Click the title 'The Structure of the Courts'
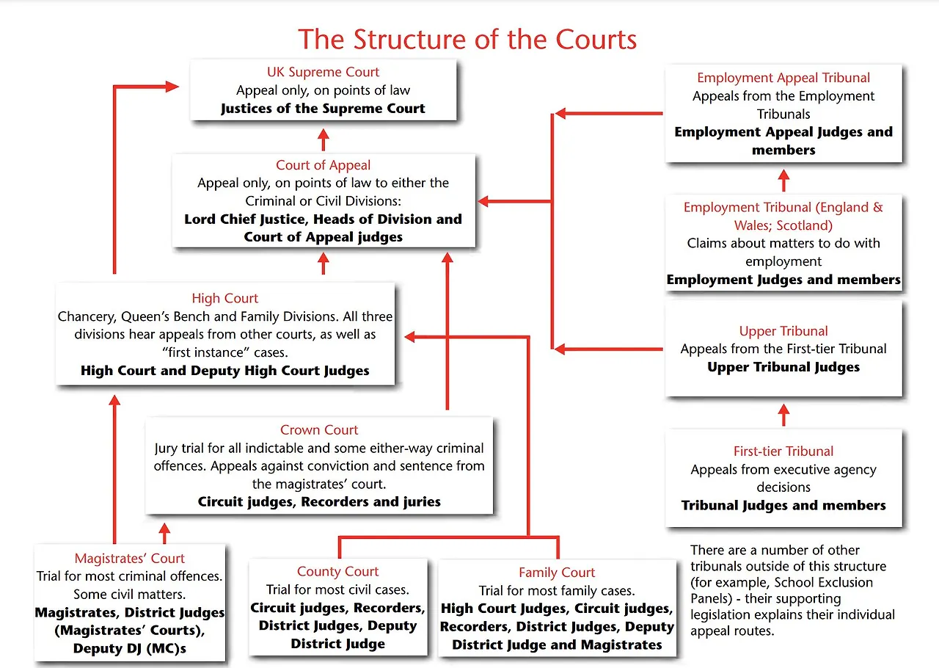click(x=467, y=38)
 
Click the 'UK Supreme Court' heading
click(x=323, y=72)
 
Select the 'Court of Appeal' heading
click(x=323, y=165)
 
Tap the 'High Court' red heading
click(x=225, y=298)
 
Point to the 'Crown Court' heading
click(x=319, y=430)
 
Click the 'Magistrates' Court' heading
click(x=130, y=559)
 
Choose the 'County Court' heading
click(x=337, y=572)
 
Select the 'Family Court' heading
click(x=557, y=573)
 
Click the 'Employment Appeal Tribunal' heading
click(x=783, y=78)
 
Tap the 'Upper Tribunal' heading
click(x=783, y=331)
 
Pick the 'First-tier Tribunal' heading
click(x=783, y=451)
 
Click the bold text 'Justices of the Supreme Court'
click(x=323, y=109)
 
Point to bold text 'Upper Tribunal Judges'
click(x=783, y=367)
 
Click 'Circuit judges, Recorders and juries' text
click(x=319, y=502)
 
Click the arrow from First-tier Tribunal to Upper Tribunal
click(x=783, y=414)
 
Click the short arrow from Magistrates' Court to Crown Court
click(x=164, y=531)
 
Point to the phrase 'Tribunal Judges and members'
click(x=783, y=506)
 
